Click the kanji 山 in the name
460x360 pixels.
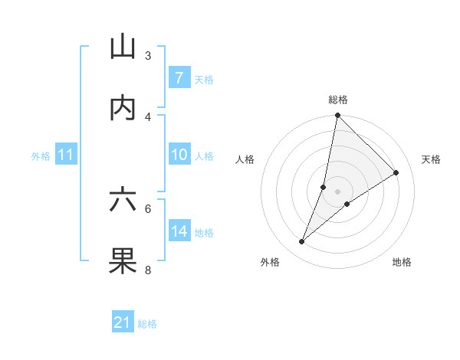pyautogui.click(x=123, y=47)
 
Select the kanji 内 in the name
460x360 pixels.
pyautogui.click(x=123, y=108)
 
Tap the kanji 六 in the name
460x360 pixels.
pyautogui.click(x=123, y=200)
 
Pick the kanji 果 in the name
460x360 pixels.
pyautogui.click(x=123, y=260)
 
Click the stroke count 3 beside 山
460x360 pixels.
pyautogui.click(x=148, y=56)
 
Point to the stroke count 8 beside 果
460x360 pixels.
pyautogui.click(x=148, y=270)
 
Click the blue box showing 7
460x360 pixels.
pyautogui.click(x=179, y=78)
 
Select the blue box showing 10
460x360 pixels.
pyautogui.click(x=179, y=155)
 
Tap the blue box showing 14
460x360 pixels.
pyautogui.click(x=179, y=231)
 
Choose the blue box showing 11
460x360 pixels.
pyautogui.click(x=65, y=155)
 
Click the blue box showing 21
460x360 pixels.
pyautogui.click(x=123, y=322)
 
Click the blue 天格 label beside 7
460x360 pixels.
pyautogui.click(x=203, y=79)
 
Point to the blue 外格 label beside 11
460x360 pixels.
pyautogui.click(x=41, y=155)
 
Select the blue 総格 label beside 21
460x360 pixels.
pyautogui.click(x=147, y=323)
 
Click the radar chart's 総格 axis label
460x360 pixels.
pyautogui.click(x=337, y=100)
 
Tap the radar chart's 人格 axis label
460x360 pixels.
pyautogui.click(x=245, y=159)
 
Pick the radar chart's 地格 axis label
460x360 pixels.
pyautogui.click(x=402, y=262)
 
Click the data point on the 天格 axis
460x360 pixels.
pyautogui.click(x=396, y=172)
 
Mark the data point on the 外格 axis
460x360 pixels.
pyautogui.click(x=301, y=242)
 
